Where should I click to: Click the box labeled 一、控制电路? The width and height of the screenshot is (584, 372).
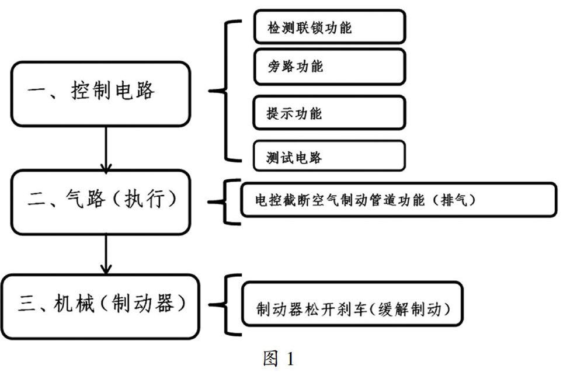(100, 94)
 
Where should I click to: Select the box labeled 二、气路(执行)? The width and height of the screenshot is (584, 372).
(100, 202)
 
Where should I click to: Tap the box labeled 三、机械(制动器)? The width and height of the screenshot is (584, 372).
(100, 307)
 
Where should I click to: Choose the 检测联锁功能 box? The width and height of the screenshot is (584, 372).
(329, 27)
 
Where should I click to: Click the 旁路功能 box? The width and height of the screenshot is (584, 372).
(329, 67)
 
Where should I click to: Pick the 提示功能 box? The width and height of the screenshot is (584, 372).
(329, 113)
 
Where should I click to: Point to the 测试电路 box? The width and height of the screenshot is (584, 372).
(329, 156)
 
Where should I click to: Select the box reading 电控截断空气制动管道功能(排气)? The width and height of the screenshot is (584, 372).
(398, 200)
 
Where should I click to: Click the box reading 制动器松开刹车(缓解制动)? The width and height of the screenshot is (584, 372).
(352, 304)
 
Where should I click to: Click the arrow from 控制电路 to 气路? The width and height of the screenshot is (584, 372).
(106, 149)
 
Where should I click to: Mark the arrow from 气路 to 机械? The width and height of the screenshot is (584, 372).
(106, 255)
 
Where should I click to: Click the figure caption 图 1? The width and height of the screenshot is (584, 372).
(278, 359)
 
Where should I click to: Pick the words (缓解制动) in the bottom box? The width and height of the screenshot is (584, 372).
(411, 309)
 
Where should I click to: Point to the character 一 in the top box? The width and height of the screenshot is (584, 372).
(36, 91)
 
